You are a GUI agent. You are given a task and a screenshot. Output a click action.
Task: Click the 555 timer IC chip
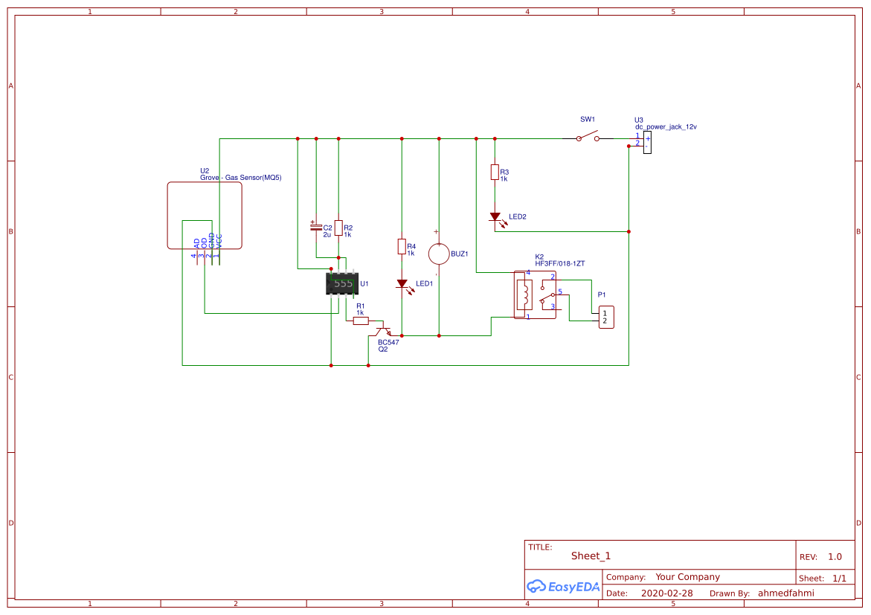point(342,283)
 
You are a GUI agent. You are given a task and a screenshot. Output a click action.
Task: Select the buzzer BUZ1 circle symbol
point(439,254)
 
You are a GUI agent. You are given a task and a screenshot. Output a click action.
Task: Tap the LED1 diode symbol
point(402,283)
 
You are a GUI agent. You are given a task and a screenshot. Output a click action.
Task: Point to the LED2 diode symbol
point(495,217)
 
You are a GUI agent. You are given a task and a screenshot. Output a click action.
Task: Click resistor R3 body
point(495,173)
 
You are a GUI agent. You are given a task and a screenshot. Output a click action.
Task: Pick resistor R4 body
point(402,246)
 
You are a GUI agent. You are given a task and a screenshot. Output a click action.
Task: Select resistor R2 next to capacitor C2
point(338,228)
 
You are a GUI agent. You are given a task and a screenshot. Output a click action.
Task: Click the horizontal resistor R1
point(361,321)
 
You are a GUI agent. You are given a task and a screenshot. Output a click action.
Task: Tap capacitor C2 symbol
point(315,226)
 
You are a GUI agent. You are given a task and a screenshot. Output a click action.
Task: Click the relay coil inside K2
point(525,294)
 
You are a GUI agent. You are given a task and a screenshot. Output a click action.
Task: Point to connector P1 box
point(606,318)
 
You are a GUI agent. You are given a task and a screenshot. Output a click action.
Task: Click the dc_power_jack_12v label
point(666,127)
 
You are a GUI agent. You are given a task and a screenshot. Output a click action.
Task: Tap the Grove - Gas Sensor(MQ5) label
point(240,178)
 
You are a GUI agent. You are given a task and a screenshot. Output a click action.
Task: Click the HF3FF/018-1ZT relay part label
point(559,263)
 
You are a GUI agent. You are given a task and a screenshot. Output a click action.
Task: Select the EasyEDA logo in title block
point(563,586)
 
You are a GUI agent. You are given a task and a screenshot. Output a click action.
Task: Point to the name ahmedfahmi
point(785,593)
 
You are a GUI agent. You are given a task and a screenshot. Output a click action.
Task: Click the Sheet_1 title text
point(591,556)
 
